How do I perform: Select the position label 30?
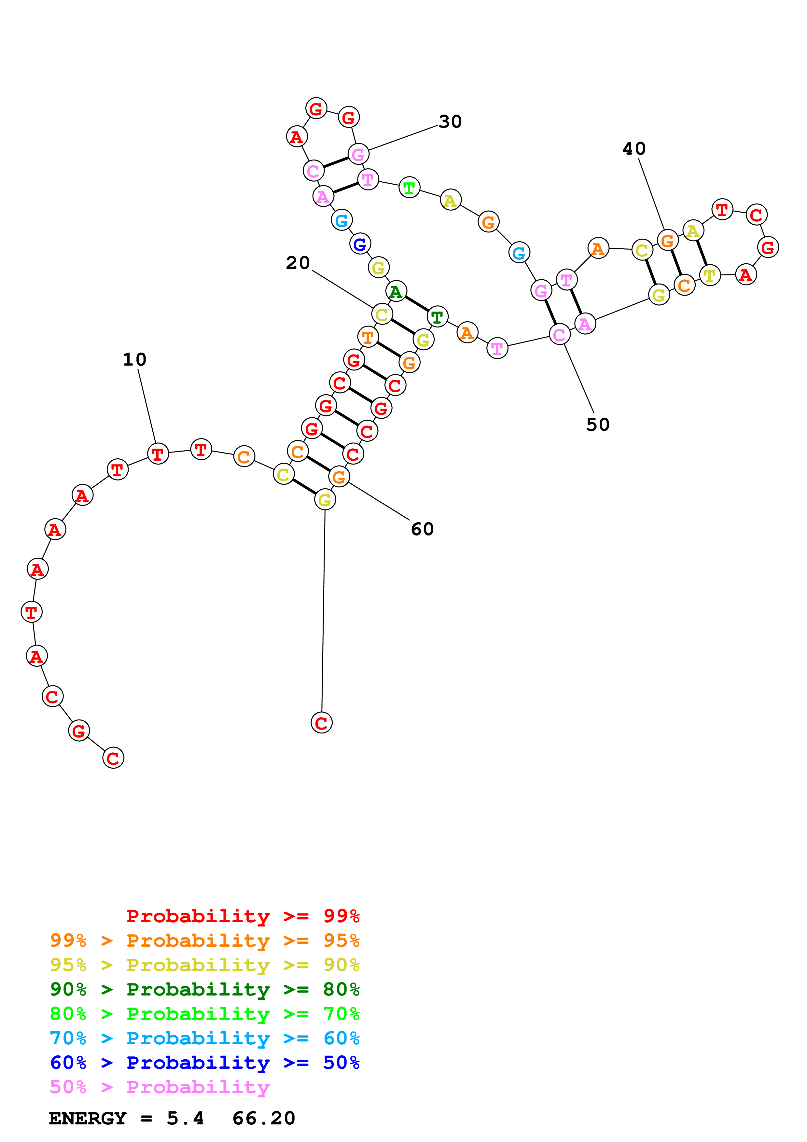(450, 122)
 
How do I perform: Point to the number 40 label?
(634, 149)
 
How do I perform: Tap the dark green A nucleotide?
(396, 291)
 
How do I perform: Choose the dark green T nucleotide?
(437, 317)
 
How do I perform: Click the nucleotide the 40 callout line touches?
(667, 241)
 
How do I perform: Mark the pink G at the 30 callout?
(358, 154)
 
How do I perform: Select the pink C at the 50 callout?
(559, 335)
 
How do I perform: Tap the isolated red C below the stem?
(321, 723)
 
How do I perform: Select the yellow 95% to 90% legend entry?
(204, 965)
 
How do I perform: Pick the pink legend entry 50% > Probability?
(159, 1087)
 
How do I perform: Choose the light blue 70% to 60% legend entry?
(204, 1038)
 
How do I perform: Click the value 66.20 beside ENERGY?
(264, 1118)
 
